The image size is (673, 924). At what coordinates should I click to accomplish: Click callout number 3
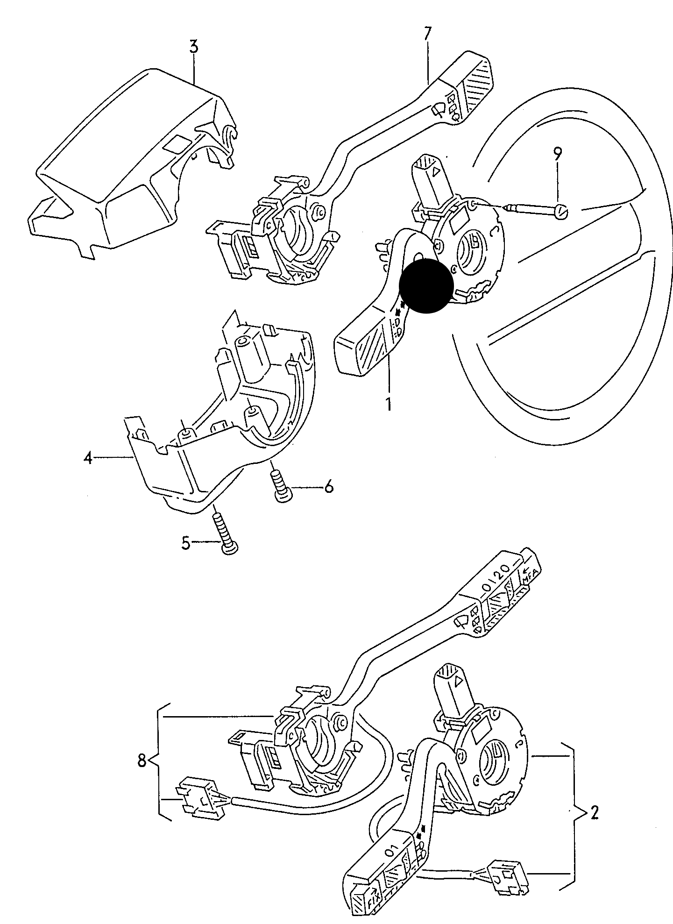point(194,47)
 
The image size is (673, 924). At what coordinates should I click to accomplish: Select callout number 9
point(558,155)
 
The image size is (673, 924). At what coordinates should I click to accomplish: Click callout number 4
point(88,459)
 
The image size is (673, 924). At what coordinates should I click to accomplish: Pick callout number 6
point(328,488)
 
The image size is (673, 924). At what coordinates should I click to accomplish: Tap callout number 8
point(142,761)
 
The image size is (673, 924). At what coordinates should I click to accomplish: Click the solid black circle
point(426,286)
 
